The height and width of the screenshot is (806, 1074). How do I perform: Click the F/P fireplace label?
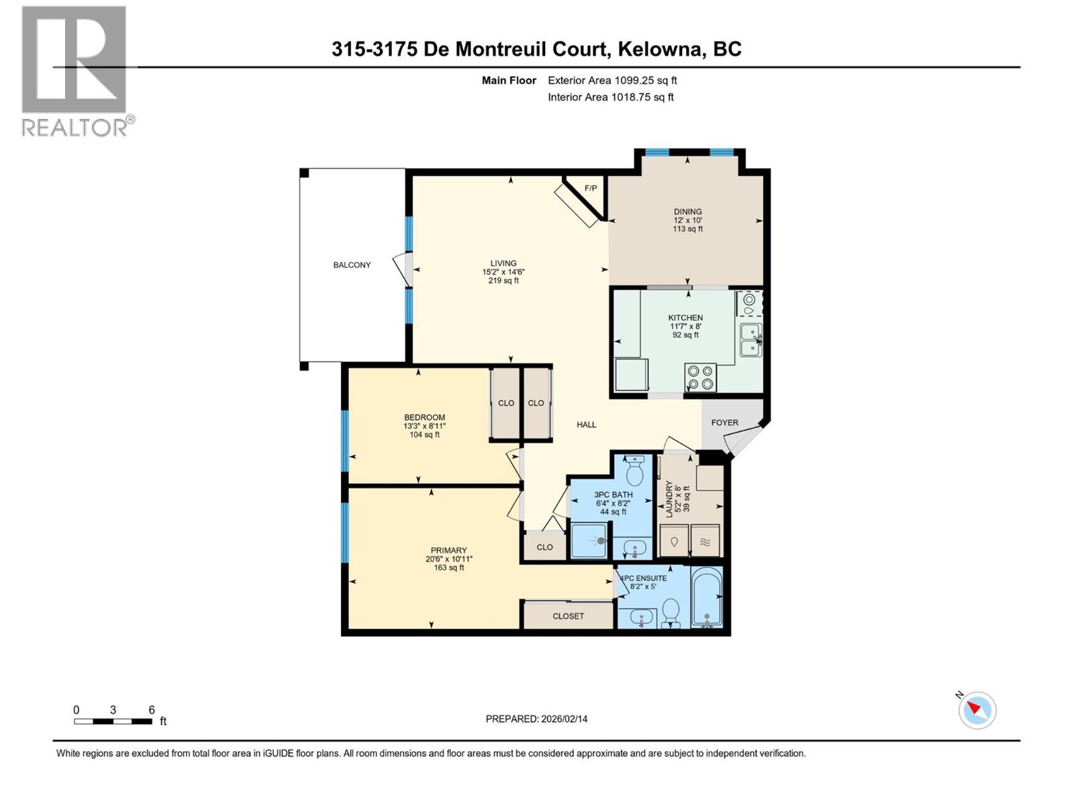591,188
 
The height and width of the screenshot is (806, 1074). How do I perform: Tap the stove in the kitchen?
700,377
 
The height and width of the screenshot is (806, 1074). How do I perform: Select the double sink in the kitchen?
750,340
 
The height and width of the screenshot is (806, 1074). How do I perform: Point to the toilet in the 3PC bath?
634,472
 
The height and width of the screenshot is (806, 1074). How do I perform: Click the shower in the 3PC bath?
589,541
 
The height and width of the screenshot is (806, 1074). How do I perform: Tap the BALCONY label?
352,265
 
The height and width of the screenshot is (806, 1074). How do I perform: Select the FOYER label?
724,422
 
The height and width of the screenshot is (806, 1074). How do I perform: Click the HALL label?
586,424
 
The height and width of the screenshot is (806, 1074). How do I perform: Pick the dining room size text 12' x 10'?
688,220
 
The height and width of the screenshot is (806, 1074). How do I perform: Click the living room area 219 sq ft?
503,281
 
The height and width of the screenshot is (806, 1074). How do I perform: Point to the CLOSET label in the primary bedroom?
568,616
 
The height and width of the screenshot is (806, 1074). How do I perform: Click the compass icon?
977,710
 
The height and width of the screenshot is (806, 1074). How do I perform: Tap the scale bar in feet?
113,721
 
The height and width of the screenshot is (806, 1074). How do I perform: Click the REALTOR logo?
75,71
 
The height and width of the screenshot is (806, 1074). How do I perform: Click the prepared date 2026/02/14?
563,719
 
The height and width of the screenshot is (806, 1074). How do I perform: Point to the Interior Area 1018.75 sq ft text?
610,97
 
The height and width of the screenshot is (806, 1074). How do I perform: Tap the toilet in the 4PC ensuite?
670,613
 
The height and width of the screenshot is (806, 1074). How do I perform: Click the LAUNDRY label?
669,498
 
